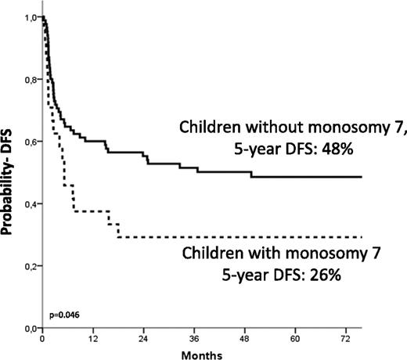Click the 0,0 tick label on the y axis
(30, 328)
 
